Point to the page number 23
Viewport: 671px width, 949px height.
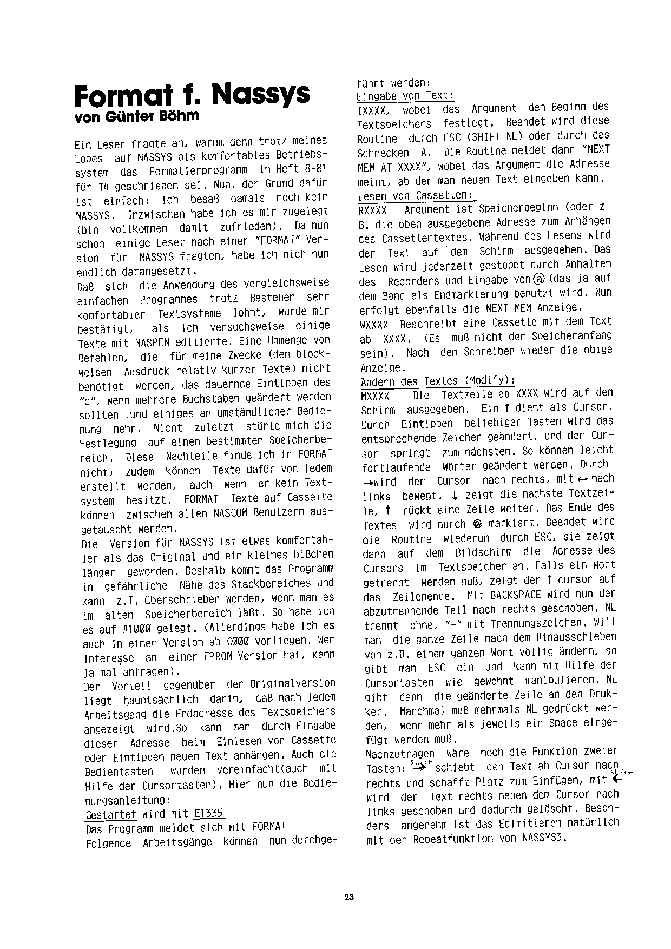[348, 898]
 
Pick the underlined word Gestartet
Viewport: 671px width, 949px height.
[111, 814]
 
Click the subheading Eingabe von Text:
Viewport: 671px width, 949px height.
[405, 96]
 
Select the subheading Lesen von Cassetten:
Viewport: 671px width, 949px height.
[415, 195]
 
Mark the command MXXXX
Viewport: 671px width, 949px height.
[375, 395]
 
